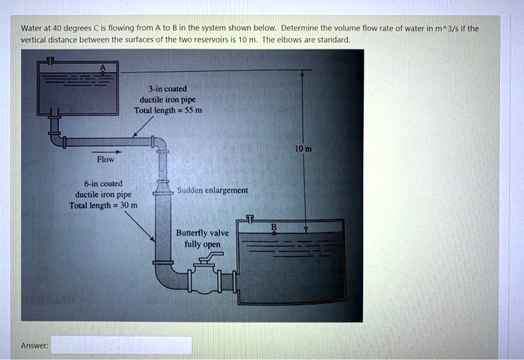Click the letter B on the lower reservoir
[x=274, y=228]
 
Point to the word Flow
[x=106, y=159]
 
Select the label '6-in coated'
[x=94, y=183]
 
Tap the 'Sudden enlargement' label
[x=213, y=191]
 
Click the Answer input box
[x=121, y=345]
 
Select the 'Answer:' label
[x=34, y=346]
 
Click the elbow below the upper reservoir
[x=57, y=139]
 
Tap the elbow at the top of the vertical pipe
[x=159, y=144]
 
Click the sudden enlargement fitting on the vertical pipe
[x=162, y=192]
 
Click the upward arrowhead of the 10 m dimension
[x=302, y=74]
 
